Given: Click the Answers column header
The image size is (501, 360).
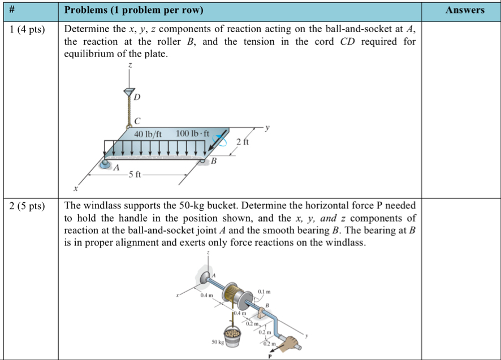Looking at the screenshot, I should [x=464, y=10].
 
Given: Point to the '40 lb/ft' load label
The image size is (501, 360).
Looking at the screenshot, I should [x=148, y=135].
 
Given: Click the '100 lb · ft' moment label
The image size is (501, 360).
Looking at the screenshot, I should [x=192, y=134].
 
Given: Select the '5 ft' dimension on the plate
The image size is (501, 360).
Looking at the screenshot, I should [x=135, y=175].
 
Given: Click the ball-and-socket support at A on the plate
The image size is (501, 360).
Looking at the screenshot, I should [x=106, y=164].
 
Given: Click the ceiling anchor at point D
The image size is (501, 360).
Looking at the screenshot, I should [x=129, y=91].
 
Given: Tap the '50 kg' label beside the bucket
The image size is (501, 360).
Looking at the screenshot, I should [x=218, y=342].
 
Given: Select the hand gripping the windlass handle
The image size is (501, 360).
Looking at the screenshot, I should [x=290, y=342].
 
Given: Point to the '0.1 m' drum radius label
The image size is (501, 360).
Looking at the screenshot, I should [x=264, y=292].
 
